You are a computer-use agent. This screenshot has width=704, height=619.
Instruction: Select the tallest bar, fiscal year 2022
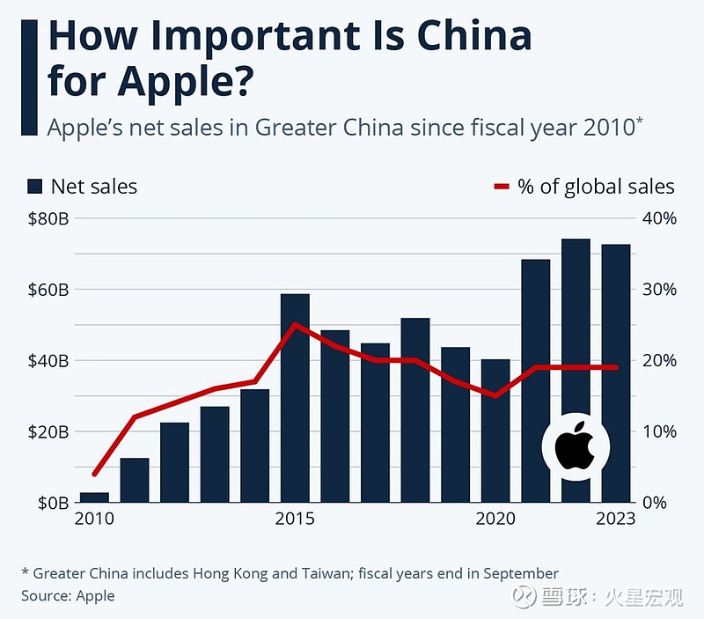[576, 370]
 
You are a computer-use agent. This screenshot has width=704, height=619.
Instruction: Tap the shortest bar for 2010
[94, 497]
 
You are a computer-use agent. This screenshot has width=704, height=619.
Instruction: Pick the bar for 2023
[615, 373]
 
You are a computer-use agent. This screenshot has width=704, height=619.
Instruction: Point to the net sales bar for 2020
[495, 431]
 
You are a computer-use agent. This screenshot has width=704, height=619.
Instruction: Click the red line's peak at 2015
[295, 325]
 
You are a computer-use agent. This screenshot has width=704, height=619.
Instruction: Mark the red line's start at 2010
[94, 474]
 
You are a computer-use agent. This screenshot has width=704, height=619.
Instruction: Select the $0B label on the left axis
[51, 503]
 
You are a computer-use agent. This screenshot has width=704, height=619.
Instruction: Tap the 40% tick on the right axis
[659, 218]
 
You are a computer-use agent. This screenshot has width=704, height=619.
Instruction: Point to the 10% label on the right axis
[659, 431]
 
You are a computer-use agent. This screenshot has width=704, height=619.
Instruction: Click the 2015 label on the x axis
[295, 520]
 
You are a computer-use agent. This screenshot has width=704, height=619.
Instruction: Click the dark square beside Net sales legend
[35, 187]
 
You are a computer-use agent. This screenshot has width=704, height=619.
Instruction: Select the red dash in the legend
[502, 187]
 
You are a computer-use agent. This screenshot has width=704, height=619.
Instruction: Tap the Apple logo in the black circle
[576, 446]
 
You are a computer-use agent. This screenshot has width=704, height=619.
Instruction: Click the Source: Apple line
[68, 595]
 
